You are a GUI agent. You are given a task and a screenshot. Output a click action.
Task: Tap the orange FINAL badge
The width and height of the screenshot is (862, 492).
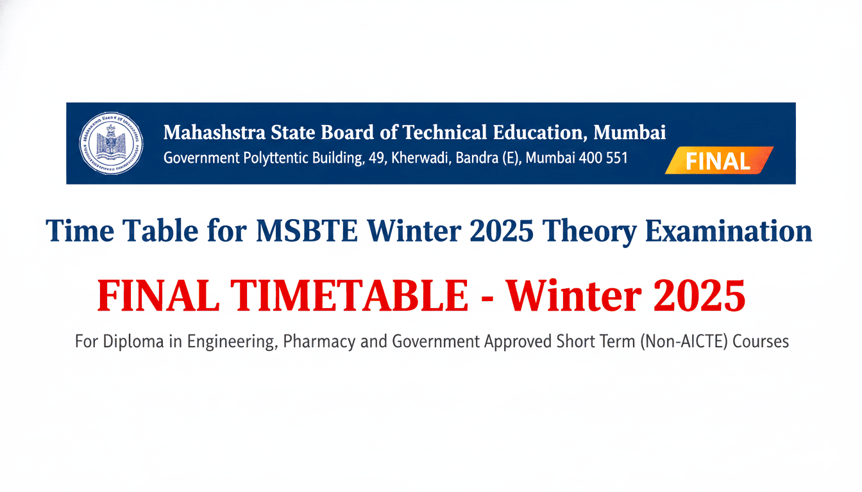[718, 161]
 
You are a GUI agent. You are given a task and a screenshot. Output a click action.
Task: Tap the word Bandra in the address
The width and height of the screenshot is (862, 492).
[478, 158]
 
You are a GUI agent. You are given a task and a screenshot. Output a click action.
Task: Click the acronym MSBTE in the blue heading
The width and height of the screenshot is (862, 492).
[297, 231]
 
